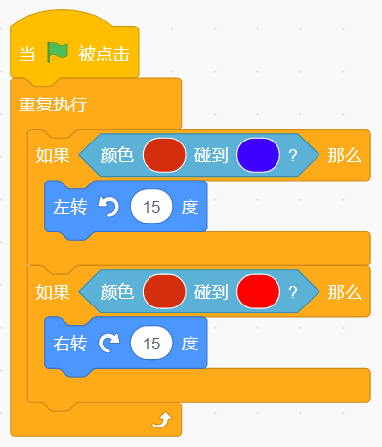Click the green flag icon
[x=58, y=53]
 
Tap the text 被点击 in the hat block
[x=104, y=54]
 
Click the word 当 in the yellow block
[x=27, y=54]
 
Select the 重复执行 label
[x=53, y=104]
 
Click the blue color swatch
[x=258, y=155]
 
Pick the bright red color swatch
[x=258, y=292]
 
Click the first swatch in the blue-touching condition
[x=164, y=155]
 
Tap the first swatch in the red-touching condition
[x=164, y=292]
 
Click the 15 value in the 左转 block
[x=151, y=207]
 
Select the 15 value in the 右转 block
[x=151, y=344]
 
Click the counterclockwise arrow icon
[x=108, y=207]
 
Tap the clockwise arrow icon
[x=108, y=344]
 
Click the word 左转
[x=70, y=207]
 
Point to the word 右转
[x=70, y=344]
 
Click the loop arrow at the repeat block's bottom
[x=162, y=420]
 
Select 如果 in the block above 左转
[x=53, y=155]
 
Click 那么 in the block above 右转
[x=345, y=292]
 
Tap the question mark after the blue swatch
[x=293, y=155]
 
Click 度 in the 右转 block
[x=190, y=344]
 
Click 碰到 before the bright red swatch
[x=211, y=292]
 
